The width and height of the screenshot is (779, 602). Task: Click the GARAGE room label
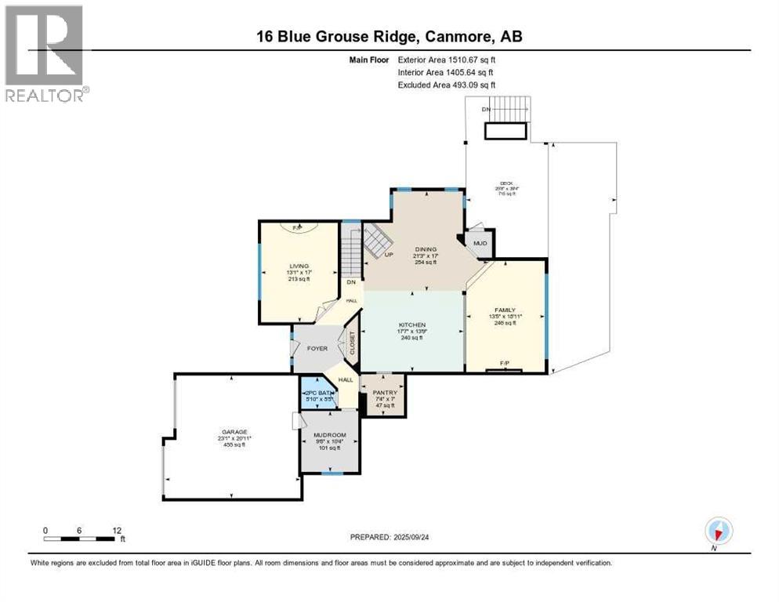(x=234, y=432)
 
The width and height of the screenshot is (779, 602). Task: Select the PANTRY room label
(x=385, y=393)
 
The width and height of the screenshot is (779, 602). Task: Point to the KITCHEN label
(x=412, y=325)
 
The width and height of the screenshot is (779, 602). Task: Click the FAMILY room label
(x=505, y=310)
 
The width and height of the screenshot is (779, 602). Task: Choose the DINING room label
(x=426, y=249)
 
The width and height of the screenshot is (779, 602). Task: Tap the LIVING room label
(x=298, y=266)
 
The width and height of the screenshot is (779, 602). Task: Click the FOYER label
(x=317, y=348)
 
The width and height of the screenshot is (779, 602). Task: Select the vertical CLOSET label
(x=353, y=343)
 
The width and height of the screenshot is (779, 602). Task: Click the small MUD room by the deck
(x=480, y=243)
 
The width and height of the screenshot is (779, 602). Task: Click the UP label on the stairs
(x=388, y=254)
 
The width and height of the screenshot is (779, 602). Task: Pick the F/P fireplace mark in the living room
(x=298, y=228)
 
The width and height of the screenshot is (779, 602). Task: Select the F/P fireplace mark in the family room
(x=505, y=363)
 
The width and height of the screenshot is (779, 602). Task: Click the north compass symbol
(x=718, y=531)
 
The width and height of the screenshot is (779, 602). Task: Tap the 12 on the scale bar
(x=116, y=530)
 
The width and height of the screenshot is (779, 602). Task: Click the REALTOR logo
(x=46, y=54)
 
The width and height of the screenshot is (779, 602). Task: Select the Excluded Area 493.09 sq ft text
(x=447, y=85)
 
